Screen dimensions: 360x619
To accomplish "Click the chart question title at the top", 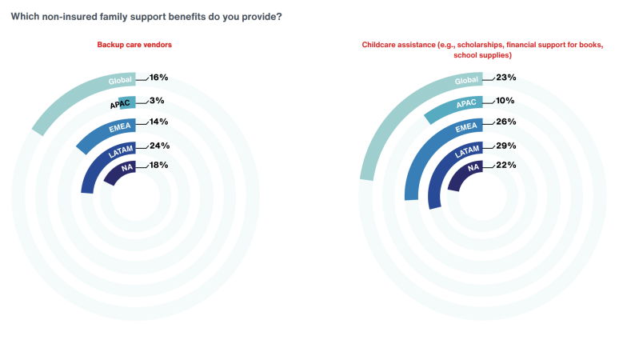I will (146, 17).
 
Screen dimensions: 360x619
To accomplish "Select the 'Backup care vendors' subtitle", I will (134, 45).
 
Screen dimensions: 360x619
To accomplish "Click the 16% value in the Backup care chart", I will (158, 78).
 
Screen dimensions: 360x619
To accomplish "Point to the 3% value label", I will (156, 100).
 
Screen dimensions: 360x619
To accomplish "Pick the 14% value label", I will (158, 122).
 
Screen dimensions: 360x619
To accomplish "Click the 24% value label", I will (158, 146).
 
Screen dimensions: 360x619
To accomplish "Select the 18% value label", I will (158, 165).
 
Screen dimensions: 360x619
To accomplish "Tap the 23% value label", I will (505, 78).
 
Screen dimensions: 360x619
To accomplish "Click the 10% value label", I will (505, 101).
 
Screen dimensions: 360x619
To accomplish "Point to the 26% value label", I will (505, 122).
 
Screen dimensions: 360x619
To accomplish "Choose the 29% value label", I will (505, 146).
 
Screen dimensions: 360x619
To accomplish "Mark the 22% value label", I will (505, 165).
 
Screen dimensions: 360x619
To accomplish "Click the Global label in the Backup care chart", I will (120, 80).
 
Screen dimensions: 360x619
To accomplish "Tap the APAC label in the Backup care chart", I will (121, 104).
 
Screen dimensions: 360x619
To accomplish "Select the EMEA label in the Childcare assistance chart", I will (467, 126).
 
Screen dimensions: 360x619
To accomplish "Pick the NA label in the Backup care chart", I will (126, 168).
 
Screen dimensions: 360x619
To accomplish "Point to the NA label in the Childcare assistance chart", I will (473, 168).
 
